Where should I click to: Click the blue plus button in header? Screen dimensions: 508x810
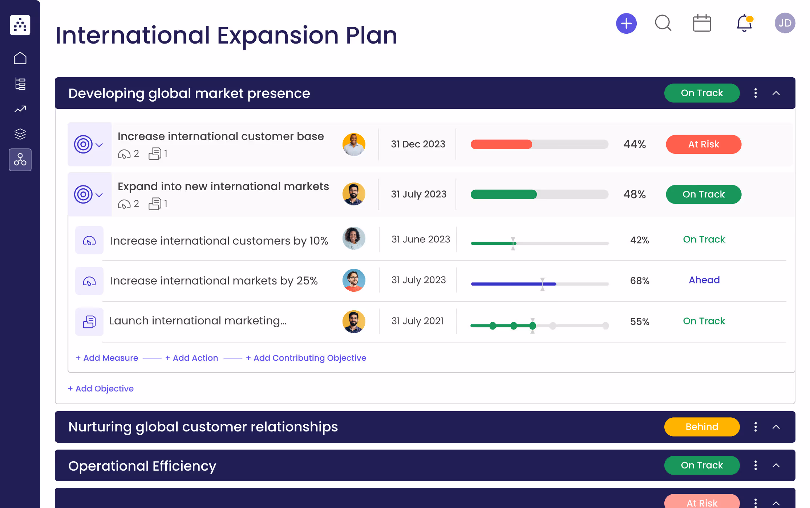(626, 24)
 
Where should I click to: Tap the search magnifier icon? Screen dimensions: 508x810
(663, 23)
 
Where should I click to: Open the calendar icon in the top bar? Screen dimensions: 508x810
(701, 24)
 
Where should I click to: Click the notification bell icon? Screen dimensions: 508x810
(744, 23)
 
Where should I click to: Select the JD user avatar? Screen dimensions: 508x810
(785, 23)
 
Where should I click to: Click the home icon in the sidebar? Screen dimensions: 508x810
(20, 58)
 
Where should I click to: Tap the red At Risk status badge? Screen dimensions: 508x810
(703, 144)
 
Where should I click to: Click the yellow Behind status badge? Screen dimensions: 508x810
(701, 427)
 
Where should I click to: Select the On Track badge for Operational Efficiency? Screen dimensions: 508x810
(701, 465)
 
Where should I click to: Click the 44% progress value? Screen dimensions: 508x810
(634, 144)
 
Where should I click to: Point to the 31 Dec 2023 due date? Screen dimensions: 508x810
(418, 144)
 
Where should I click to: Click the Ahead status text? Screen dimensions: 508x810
(704, 280)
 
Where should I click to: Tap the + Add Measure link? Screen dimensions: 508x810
(107, 358)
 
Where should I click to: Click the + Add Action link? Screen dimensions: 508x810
(191, 358)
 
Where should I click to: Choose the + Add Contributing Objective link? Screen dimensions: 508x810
(306, 358)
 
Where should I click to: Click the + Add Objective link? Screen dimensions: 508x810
(101, 389)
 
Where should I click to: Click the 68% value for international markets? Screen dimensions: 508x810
(639, 280)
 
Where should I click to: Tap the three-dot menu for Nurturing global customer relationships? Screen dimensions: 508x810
(756, 427)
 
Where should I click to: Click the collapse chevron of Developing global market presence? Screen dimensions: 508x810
(776, 93)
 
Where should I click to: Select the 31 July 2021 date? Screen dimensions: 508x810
(417, 321)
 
